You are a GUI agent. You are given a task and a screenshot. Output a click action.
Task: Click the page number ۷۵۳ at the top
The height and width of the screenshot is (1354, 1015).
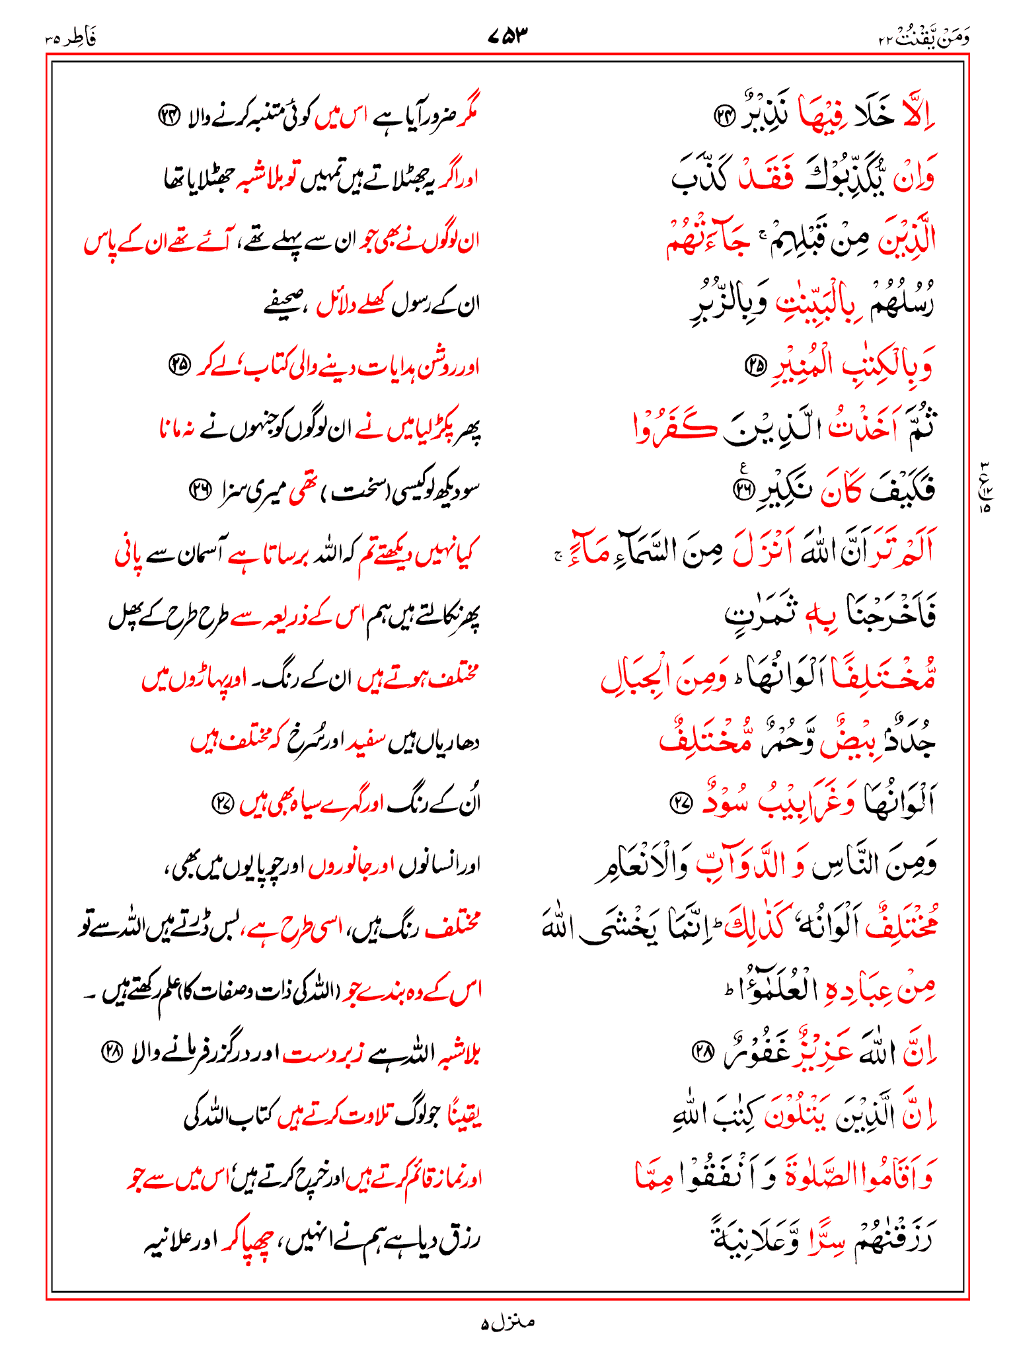pyautogui.click(x=509, y=35)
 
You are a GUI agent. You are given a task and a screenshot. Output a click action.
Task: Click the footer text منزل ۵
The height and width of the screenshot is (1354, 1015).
pyautogui.click(x=507, y=1323)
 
